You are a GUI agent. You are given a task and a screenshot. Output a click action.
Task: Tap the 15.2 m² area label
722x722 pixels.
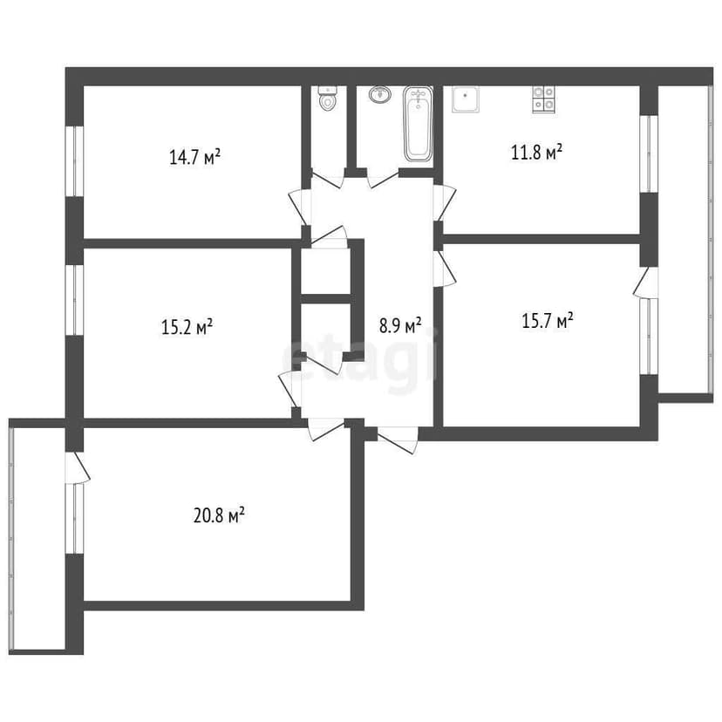[x=187, y=328]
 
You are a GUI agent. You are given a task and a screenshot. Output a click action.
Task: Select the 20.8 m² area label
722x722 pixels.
[x=218, y=516]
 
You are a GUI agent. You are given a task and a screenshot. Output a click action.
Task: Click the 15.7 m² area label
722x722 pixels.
[x=547, y=321]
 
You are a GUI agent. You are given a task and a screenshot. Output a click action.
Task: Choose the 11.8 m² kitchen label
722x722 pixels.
[x=535, y=153]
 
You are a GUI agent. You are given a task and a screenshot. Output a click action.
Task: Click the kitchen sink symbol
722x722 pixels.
[x=465, y=99]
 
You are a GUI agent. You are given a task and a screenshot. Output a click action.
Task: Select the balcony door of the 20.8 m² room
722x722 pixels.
[x=78, y=467]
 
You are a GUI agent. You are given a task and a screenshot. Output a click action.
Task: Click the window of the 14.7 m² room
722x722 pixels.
[x=75, y=161]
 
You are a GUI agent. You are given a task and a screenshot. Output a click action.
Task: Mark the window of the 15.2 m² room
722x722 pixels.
[x=75, y=299]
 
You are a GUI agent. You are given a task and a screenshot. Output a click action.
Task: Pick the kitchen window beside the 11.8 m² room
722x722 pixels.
[x=648, y=153]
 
